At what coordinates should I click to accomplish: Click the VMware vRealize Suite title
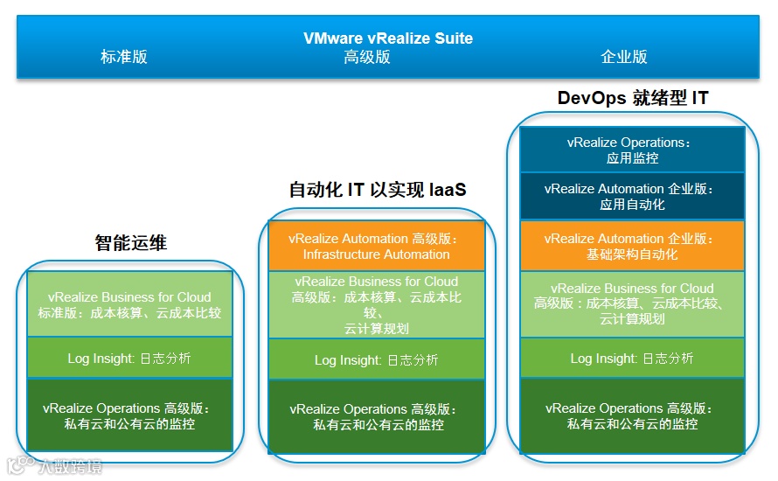pyautogui.click(x=388, y=38)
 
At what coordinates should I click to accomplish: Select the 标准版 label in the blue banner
pyautogui.click(x=124, y=58)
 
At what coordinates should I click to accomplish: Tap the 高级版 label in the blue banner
pyautogui.click(x=367, y=58)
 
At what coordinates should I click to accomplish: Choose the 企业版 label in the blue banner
pyautogui.click(x=624, y=58)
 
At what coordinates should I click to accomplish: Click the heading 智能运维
pyautogui.click(x=130, y=243)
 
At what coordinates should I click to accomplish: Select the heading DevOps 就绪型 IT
pyautogui.click(x=633, y=98)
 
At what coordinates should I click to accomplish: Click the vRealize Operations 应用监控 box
pyautogui.click(x=632, y=150)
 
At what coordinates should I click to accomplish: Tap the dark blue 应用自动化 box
pyautogui.click(x=632, y=196)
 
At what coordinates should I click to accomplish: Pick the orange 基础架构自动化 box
pyautogui.click(x=632, y=246)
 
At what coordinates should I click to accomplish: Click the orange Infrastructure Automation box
pyautogui.click(x=376, y=247)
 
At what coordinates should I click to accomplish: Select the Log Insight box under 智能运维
pyautogui.click(x=129, y=359)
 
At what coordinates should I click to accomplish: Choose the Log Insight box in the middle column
pyautogui.click(x=376, y=359)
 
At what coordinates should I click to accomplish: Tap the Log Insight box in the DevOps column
pyautogui.click(x=632, y=359)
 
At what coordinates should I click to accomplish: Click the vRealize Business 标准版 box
pyautogui.click(x=129, y=305)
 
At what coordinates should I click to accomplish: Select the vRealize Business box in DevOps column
pyautogui.click(x=632, y=303)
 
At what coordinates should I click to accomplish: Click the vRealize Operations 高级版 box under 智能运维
pyautogui.click(x=129, y=415)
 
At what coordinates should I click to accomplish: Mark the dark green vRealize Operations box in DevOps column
pyautogui.click(x=632, y=415)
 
